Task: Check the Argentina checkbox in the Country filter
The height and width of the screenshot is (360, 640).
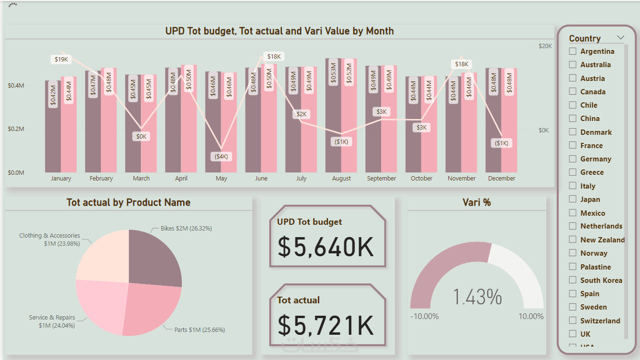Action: click(x=572, y=51)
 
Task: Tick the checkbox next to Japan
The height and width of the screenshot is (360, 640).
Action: click(x=572, y=200)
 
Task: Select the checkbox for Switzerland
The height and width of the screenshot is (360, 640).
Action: click(x=572, y=321)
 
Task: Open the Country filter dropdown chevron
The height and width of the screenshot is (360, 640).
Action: click(x=620, y=38)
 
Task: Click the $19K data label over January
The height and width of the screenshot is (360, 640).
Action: click(x=61, y=60)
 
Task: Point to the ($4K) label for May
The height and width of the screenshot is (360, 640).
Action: click(x=221, y=156)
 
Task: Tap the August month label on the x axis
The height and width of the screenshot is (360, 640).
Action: click(x=341, y=179)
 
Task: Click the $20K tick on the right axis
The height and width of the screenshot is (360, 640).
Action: click(x=545, y=46)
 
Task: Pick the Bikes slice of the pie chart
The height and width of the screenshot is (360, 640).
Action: click(x=155, y=257)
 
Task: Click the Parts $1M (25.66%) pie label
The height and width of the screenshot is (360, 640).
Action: click(x=199, y=330)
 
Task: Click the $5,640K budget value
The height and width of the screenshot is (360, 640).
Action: click(x=326, y=247)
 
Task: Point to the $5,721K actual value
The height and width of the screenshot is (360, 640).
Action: click(x=326, y=325)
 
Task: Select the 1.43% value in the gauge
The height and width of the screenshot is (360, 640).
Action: click(x=477, y=297)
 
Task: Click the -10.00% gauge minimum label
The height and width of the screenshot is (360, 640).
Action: click(x=424, y=317)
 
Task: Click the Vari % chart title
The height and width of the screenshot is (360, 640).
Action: click(x=476, y=202)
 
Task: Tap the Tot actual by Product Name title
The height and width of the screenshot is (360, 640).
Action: click(x=128, y=202)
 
